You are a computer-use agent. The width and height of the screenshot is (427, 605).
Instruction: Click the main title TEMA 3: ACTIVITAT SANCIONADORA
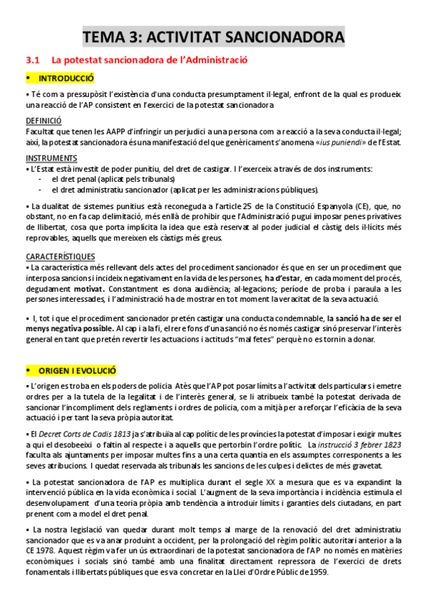(213, 36)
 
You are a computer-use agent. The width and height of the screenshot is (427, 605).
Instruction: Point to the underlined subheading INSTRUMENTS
(51, 158)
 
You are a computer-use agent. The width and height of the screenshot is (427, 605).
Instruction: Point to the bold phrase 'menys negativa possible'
(68, 328)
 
